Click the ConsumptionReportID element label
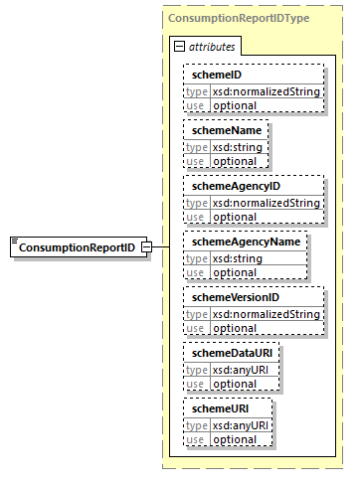click(79, 247)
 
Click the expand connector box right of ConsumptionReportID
click(146, 247)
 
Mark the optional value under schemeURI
click(233, 438)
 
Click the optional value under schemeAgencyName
click(234, 271)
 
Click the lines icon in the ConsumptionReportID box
click(15, 243)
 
